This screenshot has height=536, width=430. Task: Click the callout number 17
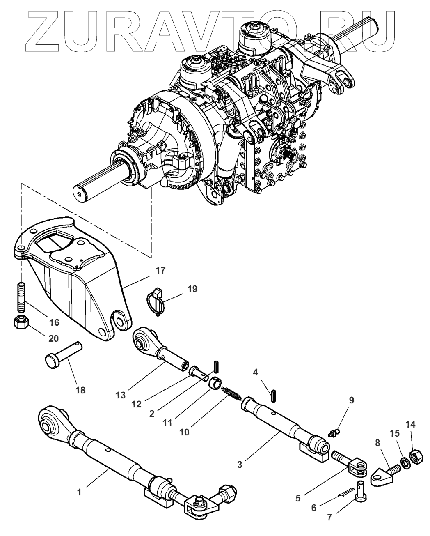tap(160, 271)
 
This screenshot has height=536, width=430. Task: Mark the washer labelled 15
tap(405, 462)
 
